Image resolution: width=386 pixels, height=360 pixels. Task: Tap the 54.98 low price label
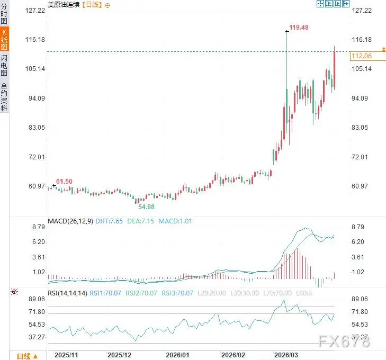146,206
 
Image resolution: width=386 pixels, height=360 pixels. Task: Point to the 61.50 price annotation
64,182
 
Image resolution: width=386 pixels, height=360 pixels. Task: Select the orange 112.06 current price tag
361,56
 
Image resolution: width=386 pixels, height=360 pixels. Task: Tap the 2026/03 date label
286,355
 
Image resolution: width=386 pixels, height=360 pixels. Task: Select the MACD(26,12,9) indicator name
70,221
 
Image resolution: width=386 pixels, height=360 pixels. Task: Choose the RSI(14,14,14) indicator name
67,292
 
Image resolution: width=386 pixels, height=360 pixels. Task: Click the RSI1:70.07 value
105,292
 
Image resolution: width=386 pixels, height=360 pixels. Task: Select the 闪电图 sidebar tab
4,65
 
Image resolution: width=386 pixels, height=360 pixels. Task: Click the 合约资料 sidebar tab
4,96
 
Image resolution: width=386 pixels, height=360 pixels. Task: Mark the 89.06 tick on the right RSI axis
361,299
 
